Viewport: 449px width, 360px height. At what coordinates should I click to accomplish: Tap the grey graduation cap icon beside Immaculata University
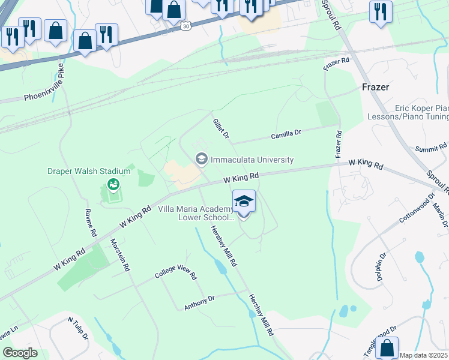pyautogui.click(x=201, y=159)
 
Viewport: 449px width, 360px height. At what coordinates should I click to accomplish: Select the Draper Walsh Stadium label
pyautogui.click(x=89, y=171)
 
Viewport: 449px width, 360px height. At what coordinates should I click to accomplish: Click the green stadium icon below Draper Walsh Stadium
pyautogui.click(x=112, y=184)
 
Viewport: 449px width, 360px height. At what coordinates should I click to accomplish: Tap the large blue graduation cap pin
pyautogui.click(x=244, y=202)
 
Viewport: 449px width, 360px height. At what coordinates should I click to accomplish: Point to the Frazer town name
pyautogui.click(x=376, y=87)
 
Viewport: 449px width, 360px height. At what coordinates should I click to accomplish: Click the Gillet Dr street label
pyautogui.click(x=221, y=128)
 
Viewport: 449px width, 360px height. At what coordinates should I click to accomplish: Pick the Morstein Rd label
pyautogui.click(x=120, y=256)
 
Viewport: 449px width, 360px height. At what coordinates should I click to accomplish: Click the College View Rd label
pyautogui.click(x=175, y=274)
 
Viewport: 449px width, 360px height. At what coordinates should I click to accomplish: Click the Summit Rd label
pyautogui.click(x=432, y=147)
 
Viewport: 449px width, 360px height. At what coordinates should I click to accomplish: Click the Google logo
pyautogui.click(x=20, y=353)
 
